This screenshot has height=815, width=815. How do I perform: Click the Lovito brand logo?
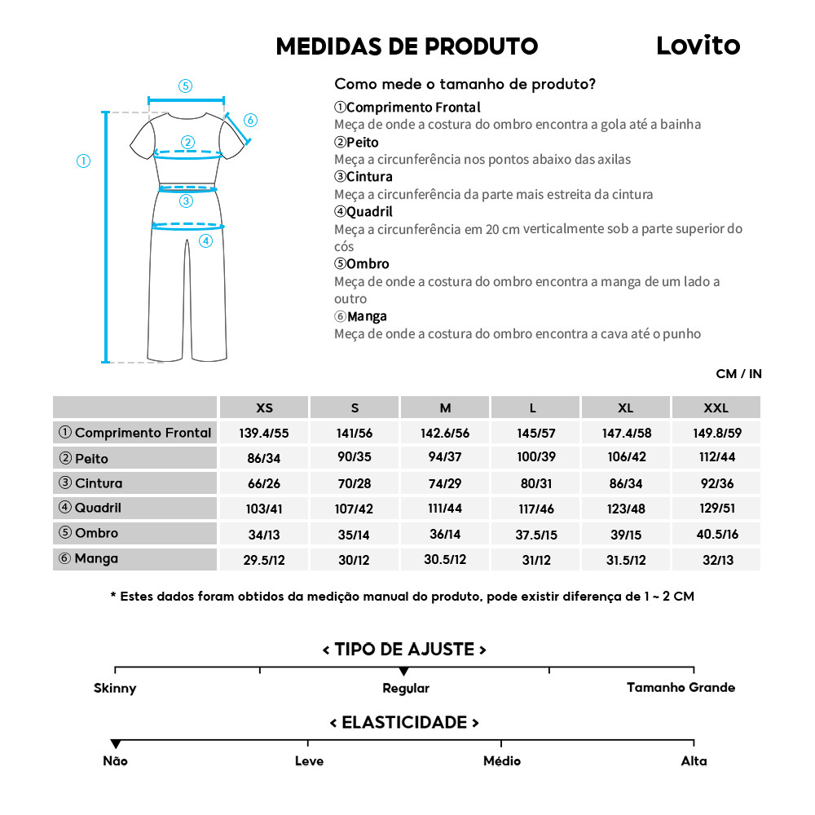point(698,46)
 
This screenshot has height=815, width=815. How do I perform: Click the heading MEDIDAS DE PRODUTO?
point(407,46)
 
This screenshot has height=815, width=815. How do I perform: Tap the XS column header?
point(264,407)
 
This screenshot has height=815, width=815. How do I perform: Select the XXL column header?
point(716,407)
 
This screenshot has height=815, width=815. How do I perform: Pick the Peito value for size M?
point(445,457)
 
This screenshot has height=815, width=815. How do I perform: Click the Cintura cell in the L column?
point(535,483)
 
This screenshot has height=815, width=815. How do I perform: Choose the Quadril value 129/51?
point(716,509)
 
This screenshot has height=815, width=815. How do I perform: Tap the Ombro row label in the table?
point(96,533)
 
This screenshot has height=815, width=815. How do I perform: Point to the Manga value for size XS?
point(264,560)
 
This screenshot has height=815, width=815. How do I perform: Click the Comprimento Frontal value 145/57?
point(535,433)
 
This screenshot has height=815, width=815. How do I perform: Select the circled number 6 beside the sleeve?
point(250,121)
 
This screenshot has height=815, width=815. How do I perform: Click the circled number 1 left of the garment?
point(83,161)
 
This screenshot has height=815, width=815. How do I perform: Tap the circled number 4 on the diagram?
point(205,240)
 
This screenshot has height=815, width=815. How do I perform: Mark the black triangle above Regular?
point(404,672)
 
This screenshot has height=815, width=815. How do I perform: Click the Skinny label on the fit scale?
point(115,688)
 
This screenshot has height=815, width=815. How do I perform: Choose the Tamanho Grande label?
point(681,687)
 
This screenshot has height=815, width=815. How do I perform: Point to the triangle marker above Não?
point(116,744)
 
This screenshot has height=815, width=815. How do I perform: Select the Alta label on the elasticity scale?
point(694,761)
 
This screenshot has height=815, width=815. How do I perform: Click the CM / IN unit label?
point(738,374)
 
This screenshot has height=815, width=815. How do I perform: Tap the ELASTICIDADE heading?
point(404,723)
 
